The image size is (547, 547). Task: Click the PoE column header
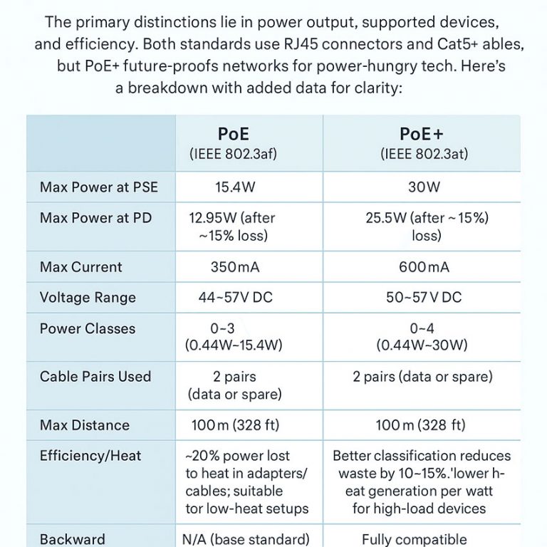(234, 134)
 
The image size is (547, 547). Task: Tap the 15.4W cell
(234, 188)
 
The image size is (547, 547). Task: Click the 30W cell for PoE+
(424, 188)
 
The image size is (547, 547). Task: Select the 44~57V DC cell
(235, 298)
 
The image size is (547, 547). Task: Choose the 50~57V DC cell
(424, 298)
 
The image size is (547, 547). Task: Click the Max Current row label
(80, 267)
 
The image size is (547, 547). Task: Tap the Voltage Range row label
(88, 298)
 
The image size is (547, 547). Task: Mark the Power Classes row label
(88, 329)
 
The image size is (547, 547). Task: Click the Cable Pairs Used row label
(95, 377)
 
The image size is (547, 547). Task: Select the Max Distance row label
(85, 425)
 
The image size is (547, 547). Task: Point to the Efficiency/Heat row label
(90, 456)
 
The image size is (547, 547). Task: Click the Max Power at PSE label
(99, 188)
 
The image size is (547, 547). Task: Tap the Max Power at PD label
(96, 218)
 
